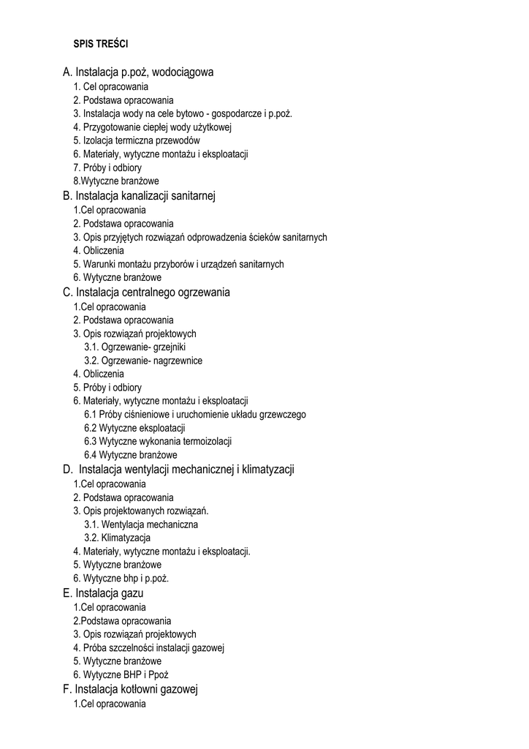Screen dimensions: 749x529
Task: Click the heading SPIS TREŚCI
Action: click(100, 44)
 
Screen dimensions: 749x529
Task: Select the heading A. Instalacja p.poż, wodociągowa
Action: click(138, 72)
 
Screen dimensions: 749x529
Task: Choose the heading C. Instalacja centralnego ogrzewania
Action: click(146, 292)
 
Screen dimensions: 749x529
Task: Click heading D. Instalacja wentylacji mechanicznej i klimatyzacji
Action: click(178, 469)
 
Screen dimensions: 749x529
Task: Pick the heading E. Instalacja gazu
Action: click(103, 592)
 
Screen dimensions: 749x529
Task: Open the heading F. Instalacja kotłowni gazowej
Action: click(131, 689)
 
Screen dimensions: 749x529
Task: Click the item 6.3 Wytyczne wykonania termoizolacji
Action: click(158, 441)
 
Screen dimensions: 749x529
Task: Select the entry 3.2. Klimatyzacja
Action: click(118, 538)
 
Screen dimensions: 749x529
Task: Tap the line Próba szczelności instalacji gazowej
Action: click(148, 647)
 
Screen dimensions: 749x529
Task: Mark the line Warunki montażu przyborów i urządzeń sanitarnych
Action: click(178, 264)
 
